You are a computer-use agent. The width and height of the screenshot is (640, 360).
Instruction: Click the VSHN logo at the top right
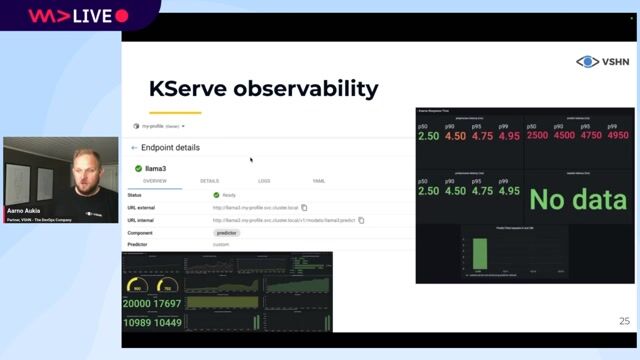pos(602,62)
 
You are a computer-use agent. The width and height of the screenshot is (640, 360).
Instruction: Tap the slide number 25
pos(625,321)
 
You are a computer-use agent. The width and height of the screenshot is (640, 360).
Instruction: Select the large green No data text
pos(577,199)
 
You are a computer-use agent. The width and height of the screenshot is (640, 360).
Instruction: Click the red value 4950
pos(617,136)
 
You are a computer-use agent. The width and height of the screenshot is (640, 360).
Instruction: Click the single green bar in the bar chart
pos(479,252)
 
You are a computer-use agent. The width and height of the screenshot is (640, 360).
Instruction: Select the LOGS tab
pos(264,181)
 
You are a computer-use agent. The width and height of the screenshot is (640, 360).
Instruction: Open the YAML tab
pos(319,181)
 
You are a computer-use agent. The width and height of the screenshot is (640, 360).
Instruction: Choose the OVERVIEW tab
pos(155,181)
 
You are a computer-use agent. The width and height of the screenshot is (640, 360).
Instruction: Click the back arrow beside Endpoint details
pos(134,148)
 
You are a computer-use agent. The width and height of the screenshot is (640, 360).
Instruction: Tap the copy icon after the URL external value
pos(304,207)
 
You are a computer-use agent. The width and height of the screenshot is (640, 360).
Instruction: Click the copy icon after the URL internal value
pos(361,220)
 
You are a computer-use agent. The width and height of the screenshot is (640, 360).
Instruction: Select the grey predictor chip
pos(227,232)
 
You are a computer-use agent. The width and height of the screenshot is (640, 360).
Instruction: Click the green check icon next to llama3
pos(138,168)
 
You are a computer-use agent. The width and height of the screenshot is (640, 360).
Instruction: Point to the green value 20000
pos(137,304)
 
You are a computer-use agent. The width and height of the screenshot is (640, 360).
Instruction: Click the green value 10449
pos(168,322)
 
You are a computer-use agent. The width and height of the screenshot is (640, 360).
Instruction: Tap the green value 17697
pos(168,304)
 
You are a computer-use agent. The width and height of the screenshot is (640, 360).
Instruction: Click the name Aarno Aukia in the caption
pos(22,212)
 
